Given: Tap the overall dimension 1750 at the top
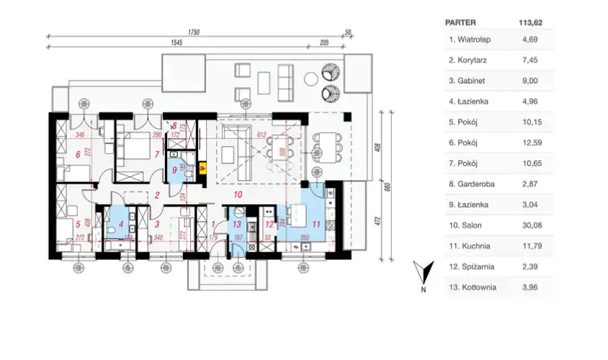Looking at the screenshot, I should coord(193,32).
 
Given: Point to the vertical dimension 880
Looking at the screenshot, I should coord(387,189).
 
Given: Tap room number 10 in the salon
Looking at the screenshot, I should coord(238,194).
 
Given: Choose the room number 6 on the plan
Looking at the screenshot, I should coord(77,154).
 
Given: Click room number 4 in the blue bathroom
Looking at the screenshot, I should coord(111,224).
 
